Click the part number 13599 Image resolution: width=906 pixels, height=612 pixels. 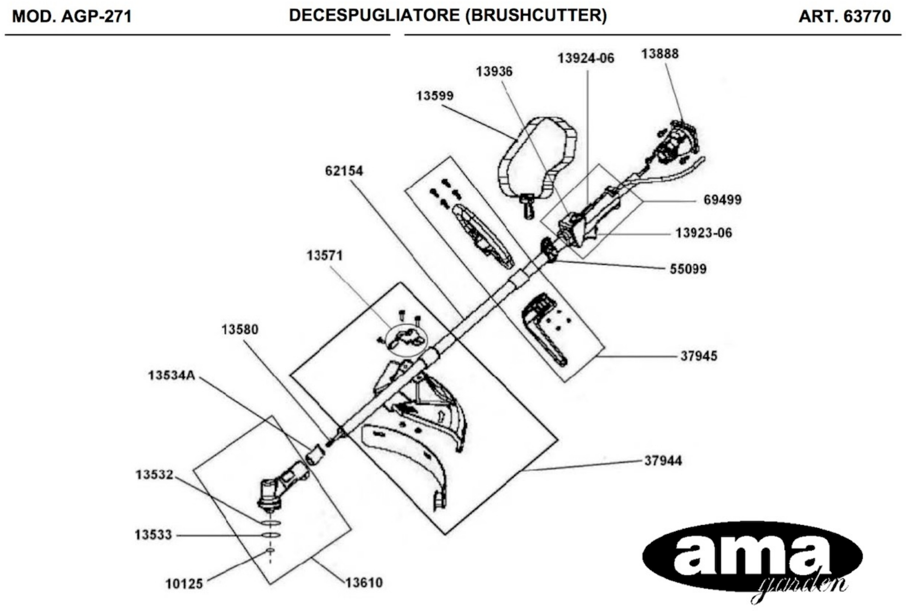click(x=435, y=96)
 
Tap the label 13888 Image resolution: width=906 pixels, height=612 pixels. click(x=660, y=54)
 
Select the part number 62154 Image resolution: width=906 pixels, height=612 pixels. click(x=344, y=171)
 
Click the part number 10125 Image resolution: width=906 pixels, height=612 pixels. click(x=184, y=584)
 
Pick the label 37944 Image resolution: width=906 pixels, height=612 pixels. click(x=663, y=461)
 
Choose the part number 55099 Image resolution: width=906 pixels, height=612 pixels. click(x=688, y=269)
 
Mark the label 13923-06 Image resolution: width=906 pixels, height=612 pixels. click(x=703, y=233)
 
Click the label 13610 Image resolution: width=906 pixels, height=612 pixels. click(x=364, y=583)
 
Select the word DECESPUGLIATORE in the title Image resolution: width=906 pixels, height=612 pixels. click(x=374, y=16)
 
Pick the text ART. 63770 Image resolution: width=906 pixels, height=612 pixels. click(x=845, y=16)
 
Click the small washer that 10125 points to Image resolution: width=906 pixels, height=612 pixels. click(x=270, y=550)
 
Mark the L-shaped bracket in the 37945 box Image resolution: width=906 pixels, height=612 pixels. click(x=544, y=332)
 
